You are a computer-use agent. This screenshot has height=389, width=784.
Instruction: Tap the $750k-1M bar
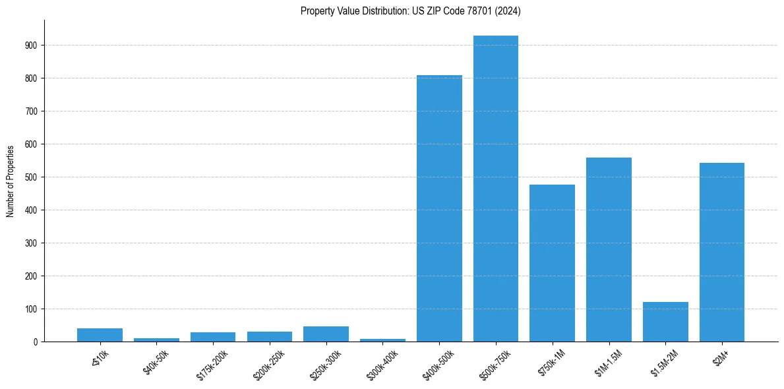(552, 263)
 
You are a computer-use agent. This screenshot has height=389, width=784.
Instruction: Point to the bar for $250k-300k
(326, 334)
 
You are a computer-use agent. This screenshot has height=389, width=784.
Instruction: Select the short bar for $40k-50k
(156, 340)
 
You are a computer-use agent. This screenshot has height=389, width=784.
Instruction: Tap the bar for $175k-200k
(213, 337)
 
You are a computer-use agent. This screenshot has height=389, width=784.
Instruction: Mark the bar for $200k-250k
(270, 336)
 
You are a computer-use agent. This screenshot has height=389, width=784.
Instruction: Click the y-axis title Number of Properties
(10, 181)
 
